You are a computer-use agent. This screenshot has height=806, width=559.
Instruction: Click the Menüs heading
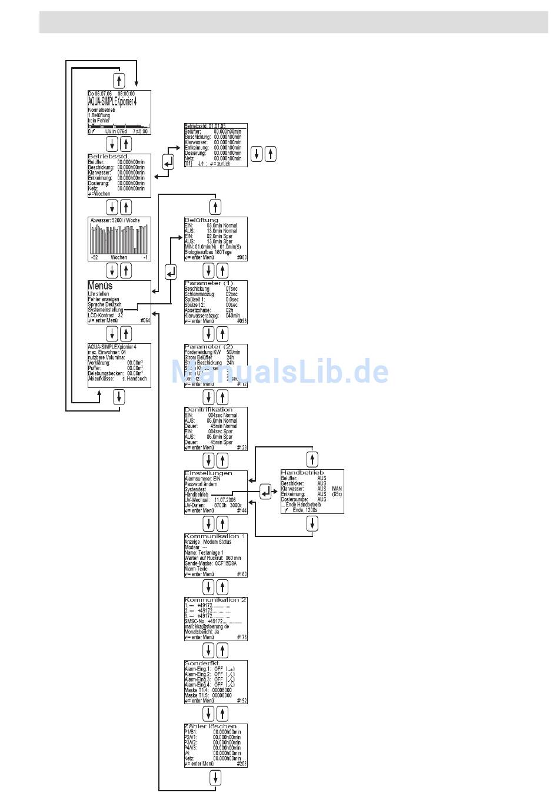pyautogui.click(x=100, y=286)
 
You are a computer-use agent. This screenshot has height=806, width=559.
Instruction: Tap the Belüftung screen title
pyautogui.click(x=201, y=220)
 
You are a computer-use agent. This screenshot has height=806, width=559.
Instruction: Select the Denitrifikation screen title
pyautogui.click(x=208, y=410)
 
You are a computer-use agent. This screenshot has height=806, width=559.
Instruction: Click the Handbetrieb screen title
pyautogui.click(x=302, y=473)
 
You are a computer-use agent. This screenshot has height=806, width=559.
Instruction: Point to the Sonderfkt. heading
pyautogui.click(x=202, y=664)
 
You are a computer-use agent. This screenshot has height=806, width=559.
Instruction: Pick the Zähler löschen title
pyautogui.click(x=210, y=727)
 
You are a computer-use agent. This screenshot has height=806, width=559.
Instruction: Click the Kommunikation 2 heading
pyautogui.click(x=215, y=600)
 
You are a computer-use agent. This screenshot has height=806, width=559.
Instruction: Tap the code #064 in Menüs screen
pyautogui.click(x=145, y=321)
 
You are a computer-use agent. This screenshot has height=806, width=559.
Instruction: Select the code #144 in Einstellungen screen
pyautogui.click(x=242, y=511)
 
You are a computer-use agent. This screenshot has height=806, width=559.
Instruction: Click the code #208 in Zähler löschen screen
pyautogui.click(x=242, y=764)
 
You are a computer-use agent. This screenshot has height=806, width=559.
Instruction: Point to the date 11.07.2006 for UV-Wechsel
pyautogui.click(x=225, y=500)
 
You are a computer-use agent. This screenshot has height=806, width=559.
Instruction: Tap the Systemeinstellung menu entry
pyautogui.click(x=106, y=310)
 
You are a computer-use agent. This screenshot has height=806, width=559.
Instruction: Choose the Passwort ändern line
pyautogui.click(x=201, y=484)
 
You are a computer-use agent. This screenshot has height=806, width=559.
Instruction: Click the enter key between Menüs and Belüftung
pyautogui.click(x=171, y=272)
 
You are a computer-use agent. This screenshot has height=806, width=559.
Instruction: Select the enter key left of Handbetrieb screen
pyautogui.click(x=266, y=492)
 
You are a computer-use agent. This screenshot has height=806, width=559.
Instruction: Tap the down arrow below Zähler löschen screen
pyautogui.click(x=215, y=778)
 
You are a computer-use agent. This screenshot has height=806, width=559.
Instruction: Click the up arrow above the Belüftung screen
pyautogui.click(x=215, y=207)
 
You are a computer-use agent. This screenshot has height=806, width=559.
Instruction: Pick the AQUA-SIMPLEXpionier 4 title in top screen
pyautogui.click(x=112, y=101)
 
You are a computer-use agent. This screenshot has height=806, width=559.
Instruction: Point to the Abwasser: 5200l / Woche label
pyautogui.click(x=115, y=221)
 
